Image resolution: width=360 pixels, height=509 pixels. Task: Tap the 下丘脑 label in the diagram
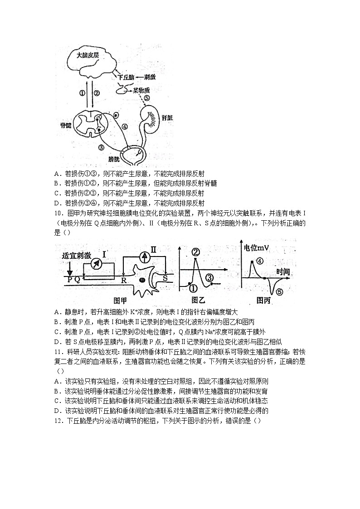[x=126, y=78]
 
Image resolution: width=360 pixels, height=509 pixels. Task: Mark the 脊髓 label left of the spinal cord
[x=66, y=125]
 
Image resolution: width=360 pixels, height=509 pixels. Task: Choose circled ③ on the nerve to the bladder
[x=101, y=147]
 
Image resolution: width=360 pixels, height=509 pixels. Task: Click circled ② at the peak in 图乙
[x=196, y=252]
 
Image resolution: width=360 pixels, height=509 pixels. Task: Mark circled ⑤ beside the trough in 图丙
[x=279, y=292]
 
